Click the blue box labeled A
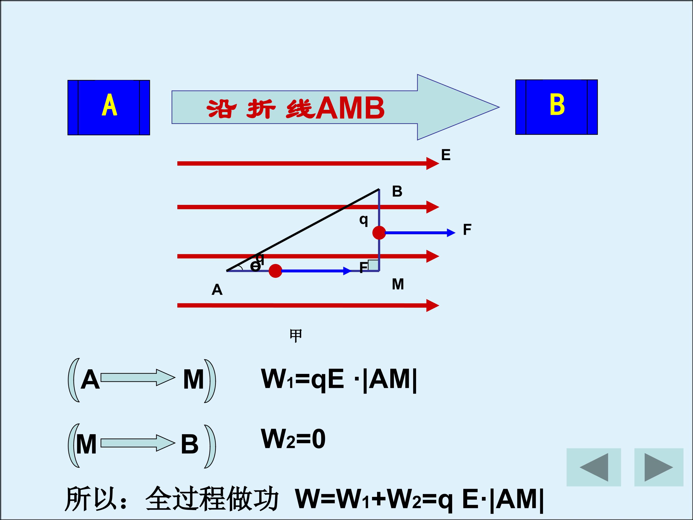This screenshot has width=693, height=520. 109,108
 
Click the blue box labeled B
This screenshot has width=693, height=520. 556,107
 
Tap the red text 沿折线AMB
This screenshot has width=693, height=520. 295,108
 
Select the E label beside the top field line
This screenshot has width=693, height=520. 446,155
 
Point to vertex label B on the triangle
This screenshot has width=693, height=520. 397,191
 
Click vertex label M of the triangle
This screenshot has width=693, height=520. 398,284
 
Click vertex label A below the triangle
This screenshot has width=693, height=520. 217,290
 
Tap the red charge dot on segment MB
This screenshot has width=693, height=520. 379,233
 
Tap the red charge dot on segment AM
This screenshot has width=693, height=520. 275,271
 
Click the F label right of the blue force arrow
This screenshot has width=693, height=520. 467,230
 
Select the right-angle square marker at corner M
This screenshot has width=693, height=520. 373,265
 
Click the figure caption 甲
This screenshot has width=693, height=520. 296,336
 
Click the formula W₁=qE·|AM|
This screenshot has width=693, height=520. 339,379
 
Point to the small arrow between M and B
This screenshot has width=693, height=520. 138,443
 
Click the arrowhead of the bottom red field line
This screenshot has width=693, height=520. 433,305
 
